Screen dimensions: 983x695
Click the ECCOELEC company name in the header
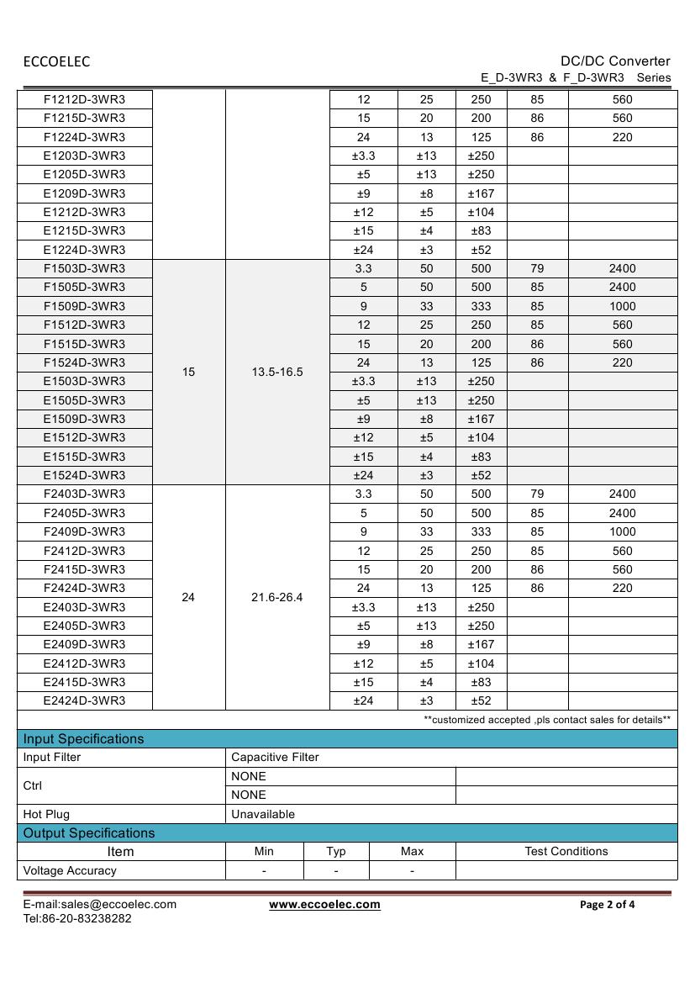[56, 61]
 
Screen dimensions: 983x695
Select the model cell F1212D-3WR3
[84, 99]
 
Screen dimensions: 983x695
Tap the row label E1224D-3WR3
[84, 250]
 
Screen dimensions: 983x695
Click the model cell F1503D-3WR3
[84, 268]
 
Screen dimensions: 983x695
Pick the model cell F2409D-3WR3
[84, 531]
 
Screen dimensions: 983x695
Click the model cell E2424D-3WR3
[84, 700]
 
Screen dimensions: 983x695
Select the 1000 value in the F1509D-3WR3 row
[622, 306]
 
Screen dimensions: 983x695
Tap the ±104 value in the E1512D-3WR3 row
[481, 437]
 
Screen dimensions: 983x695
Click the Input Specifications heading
[83, 739]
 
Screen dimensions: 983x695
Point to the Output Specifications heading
[89, 833]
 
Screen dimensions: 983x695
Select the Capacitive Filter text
[275, 758]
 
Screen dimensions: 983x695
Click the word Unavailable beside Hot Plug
[263, 814]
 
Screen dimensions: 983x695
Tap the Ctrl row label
[33, 785]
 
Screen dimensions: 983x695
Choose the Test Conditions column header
[566, 852]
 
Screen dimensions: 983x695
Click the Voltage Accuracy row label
[70, 870]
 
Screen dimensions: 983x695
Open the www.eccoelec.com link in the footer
[324, 905]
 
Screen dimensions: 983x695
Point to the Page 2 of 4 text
[608, 905]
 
